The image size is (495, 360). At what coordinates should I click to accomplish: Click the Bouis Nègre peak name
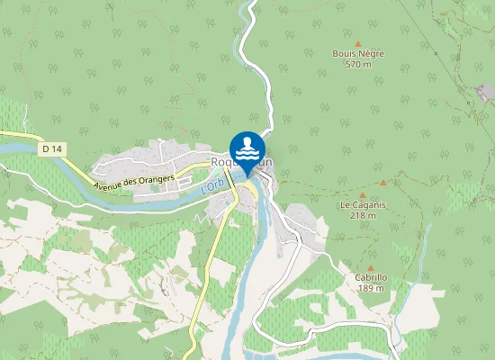tap(358, 54)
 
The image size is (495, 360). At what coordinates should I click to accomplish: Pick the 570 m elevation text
tap(358, 65)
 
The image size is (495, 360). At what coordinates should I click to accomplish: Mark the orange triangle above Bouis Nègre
tap(358, 43)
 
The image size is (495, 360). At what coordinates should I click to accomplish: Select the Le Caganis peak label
tap(363, 205)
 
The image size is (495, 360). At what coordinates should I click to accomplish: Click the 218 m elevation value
tap(363, 216)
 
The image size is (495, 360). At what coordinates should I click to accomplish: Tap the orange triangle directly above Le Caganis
tap(363, 194)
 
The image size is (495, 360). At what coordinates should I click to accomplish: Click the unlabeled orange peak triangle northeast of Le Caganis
tap(382, 182)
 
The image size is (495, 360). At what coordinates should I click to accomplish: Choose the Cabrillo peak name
tap(371, 278)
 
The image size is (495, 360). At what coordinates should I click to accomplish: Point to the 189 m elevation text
tap(371, 289)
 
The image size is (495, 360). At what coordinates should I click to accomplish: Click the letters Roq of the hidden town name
tap(221, 162)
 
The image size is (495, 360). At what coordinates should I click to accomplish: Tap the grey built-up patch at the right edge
tap(487, 92)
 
